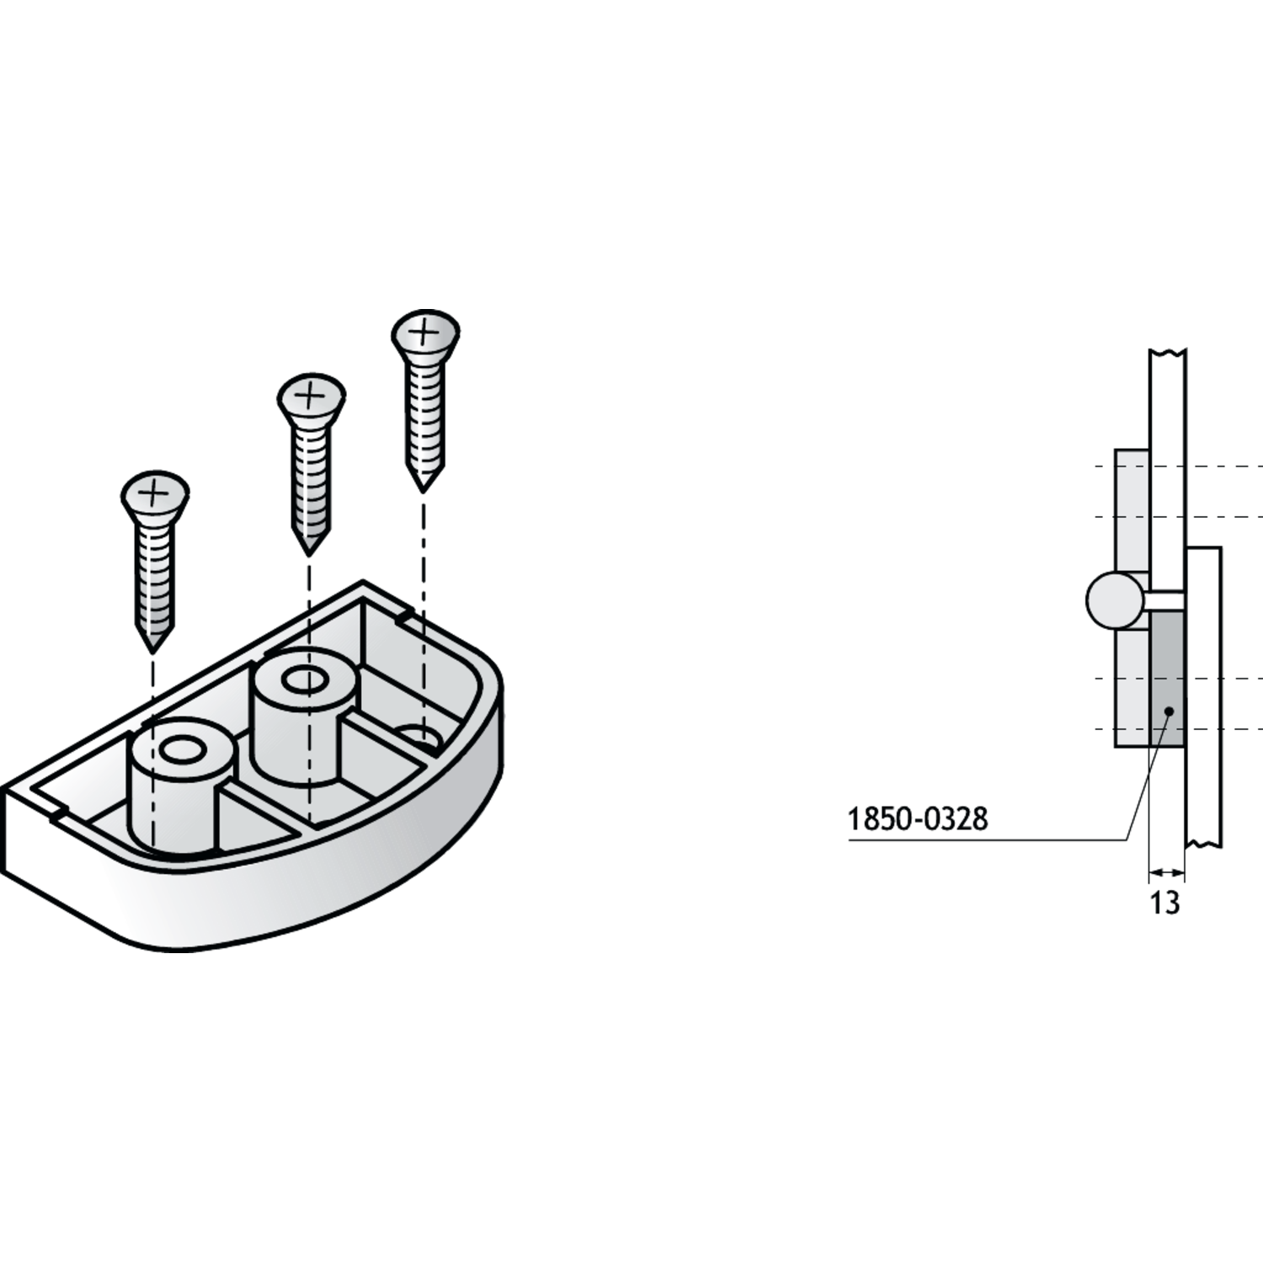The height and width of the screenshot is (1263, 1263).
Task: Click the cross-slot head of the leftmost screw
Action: click(156, 494)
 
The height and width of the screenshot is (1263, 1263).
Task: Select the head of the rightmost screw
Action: click(426, 333)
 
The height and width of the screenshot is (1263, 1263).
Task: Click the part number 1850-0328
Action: click(917, 818)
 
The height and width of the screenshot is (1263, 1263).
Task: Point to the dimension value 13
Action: click(1164, 903)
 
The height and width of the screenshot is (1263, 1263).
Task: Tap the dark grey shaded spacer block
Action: click(1166, 678)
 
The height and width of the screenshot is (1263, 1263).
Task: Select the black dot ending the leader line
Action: click(1168, 712)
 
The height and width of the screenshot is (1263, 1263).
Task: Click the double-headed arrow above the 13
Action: click(1166, 871)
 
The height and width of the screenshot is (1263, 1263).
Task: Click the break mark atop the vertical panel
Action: click(1167, 352)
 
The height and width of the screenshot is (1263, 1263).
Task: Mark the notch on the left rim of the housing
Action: click(59, 813)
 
